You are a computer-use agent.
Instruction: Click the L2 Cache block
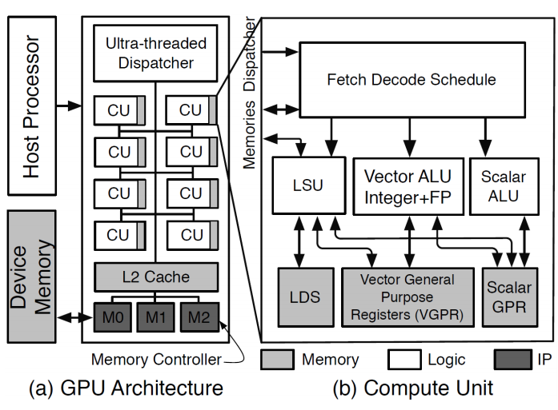156,277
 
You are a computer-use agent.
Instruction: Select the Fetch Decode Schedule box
411,80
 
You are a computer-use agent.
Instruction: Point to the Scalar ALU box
500,185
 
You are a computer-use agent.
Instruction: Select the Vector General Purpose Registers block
407,297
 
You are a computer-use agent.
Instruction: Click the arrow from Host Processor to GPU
72,103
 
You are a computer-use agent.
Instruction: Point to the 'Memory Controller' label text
155,360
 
